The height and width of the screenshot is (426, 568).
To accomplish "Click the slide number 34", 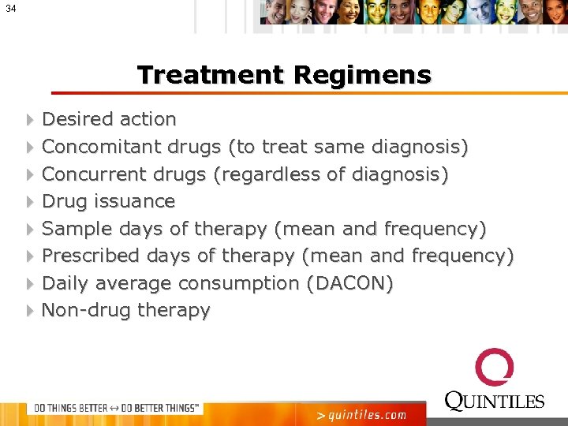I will click(x=9, y=8).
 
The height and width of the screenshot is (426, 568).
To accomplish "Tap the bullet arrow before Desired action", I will click(x=29, y=120).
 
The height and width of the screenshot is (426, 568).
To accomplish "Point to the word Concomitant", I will click(x=103, y=147).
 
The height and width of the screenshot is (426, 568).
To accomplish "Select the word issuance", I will click(x=134, y=201).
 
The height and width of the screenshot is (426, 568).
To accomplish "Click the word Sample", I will click(x=77, y=229).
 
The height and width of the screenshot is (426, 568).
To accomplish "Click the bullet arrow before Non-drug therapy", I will click(x=29, y=311).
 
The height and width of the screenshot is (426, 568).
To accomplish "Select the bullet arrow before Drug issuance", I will click(x=29, y=202).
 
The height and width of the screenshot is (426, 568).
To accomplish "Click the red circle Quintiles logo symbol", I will click(x=495, y=368).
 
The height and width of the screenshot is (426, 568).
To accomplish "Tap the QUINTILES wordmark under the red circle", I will click(x=495, y=401).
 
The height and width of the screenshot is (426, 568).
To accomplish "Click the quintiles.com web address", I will click(x=361, y=415).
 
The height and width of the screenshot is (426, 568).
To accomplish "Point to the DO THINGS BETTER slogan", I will click(x=114, y=408).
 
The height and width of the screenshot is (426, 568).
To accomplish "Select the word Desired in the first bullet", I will click(x=76, y=119).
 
